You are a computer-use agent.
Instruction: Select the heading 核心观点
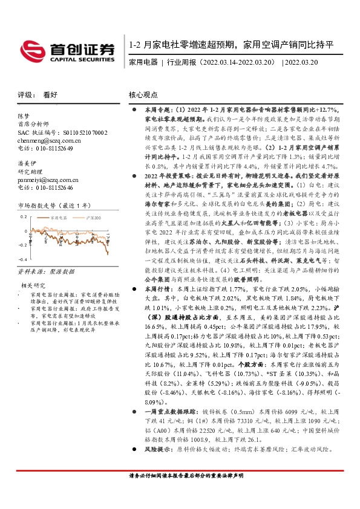pyautogui.click(x=143, y=95)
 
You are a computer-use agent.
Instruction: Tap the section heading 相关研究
pyautogui.click(x=33, y=301)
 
